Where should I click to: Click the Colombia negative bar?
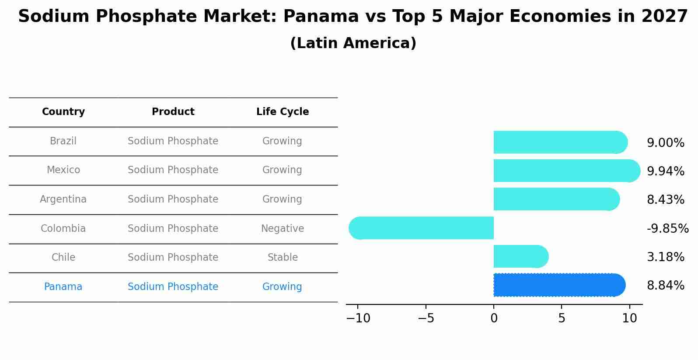coord(422,228)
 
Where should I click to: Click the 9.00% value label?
coord(665,143)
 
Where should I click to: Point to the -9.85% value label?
coord(667,228)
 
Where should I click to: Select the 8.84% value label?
coord(665,286)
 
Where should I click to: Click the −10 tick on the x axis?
coord(358,318)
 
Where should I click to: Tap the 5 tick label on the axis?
coord(562,318)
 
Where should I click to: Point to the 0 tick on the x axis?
coord(494,318)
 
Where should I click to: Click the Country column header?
coord(63,112)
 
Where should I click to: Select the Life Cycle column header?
coord(283,112)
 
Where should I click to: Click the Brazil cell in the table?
coord(63,141)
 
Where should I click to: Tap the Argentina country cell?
coord(63,199)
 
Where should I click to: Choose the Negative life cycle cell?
coord(283,228)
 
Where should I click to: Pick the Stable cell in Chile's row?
coord(283,258)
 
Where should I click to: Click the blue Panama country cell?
coord(63,287)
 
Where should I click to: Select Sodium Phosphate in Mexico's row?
coord(173,170)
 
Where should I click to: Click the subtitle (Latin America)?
coord(353,43)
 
